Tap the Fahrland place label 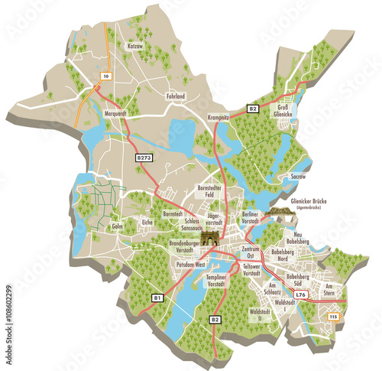[175, 97]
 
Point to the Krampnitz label [219, 117]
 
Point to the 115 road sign [333, 317]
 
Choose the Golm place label [117, 226]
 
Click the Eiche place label [147, 223]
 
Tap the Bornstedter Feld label [209, 191]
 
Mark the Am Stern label [329, 289]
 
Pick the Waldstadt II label [260, 315]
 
